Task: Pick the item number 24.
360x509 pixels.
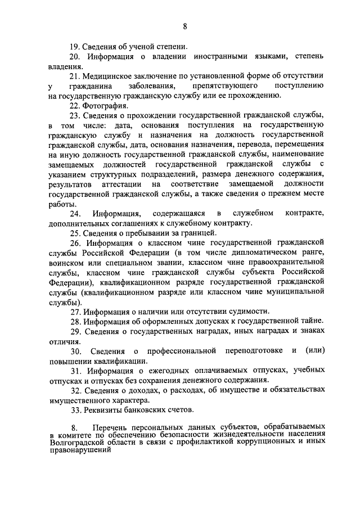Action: (x=75, y=213)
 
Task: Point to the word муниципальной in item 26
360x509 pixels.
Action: (x=296, y=291)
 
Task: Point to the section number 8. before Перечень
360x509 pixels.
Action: (x=73, y=430)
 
